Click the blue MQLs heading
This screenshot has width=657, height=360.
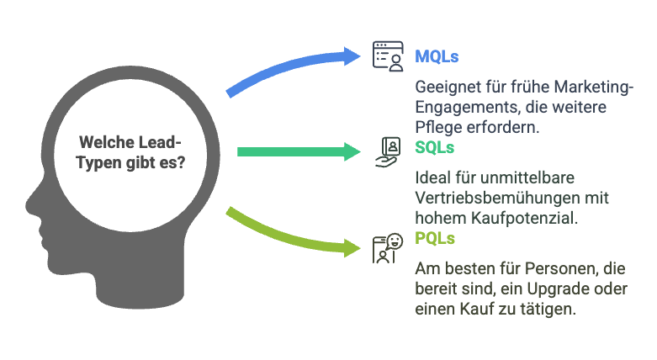[x=437, y=57]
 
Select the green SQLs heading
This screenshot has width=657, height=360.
[x=434, y=148]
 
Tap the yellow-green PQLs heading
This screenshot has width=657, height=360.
[x=435, y=239]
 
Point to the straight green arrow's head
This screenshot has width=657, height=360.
[x=357, y=151]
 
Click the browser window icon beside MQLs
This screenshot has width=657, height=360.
[x=389, y=58]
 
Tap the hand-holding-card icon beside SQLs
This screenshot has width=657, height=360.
[x=389, y=151]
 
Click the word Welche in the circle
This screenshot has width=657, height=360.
[x=103, y=142]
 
